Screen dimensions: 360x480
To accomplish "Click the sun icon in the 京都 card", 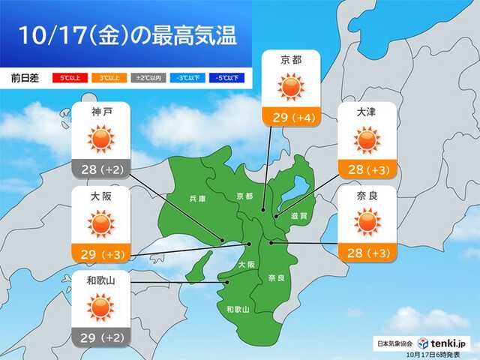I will pyautogui.click(x=292, y=88).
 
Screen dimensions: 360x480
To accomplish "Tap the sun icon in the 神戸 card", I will pyautogui.click(x=101, y=139).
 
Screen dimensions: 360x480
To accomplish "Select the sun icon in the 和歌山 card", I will pyautogui.click(x=101, y=307).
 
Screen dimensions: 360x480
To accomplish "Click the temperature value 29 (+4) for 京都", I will pyautogui.click(x=292, y=118).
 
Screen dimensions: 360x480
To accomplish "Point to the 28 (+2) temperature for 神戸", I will pyautogui.click(x=101, y=169).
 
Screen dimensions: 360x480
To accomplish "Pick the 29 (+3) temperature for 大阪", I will pyautogui.click(x=101, y=253).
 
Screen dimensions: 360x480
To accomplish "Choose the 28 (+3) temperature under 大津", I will pyautogui.click(x=367, y=169).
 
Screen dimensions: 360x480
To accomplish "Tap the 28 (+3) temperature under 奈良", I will pyautogui.click(x=367, y=253).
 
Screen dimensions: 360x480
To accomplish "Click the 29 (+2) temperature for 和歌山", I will pyautogui.click(x=101, y=337).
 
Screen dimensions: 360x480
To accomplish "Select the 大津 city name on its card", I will pyautogui.click(x=367, y=112).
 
